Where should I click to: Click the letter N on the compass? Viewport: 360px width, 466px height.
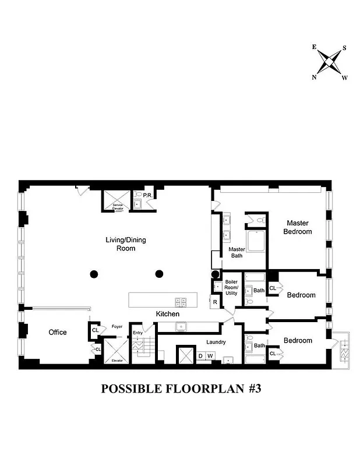[315, 77]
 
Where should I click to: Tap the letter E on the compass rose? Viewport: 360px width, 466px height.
[315, 47]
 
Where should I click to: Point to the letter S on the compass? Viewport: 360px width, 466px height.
[344, 48]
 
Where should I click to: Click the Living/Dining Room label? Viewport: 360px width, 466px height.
[121, 244]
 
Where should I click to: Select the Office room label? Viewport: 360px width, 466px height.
[58, 333]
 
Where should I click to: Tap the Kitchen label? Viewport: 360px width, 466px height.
[167, 314]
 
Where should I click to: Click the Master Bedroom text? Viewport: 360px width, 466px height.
[297, 227]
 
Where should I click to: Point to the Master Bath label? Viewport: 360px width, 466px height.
[236, 253]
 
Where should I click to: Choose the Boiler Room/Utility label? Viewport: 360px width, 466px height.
[231, 287]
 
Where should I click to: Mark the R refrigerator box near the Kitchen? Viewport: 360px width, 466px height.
[215, 302]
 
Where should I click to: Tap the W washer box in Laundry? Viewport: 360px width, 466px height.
[210, 355]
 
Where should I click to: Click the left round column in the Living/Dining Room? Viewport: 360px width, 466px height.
[93, 274]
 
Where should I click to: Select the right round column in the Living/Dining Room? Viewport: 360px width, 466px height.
[158, 274]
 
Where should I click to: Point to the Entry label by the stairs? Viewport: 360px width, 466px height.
[137, 333]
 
